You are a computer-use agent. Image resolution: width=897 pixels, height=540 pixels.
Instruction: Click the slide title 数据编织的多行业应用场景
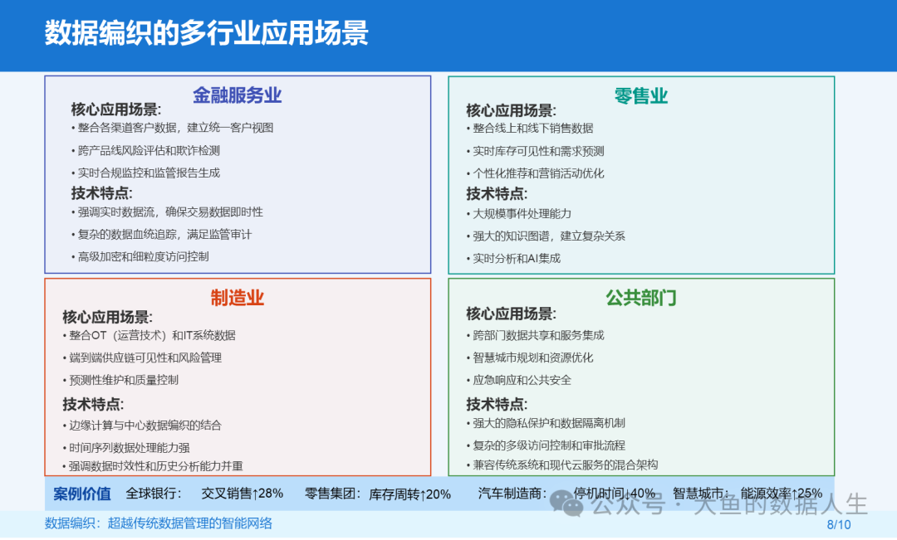click(x=207, y=32)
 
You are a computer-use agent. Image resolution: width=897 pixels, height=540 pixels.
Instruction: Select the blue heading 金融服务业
click(x=237, y=95)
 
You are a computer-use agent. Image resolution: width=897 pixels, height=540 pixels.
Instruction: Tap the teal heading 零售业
click(x=640, y=95)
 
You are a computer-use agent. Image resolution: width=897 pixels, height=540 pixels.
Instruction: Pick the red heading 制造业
click(x=237, y=297)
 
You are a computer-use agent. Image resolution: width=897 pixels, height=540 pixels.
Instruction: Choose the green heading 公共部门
click(x=640, y=297)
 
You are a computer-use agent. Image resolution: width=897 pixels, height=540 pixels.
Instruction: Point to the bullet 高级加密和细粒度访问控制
click(x=140, y=256)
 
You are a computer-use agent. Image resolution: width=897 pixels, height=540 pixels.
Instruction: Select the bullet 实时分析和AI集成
click(x=513, y=258)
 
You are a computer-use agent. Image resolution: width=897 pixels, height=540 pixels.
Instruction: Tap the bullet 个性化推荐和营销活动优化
click(x=535, y=173)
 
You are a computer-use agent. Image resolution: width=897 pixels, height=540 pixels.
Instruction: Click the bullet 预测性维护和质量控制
click(x=120, y=380)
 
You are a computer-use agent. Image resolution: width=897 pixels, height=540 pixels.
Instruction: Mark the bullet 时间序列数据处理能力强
click(x=126, y=447)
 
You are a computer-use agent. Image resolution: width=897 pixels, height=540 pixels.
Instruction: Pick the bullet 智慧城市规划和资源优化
click(x=529, y=358)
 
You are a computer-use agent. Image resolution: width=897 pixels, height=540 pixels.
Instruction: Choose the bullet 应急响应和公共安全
click(x=518, y=380)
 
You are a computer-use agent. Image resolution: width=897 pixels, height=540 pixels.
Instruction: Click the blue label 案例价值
click(x=81, y=494)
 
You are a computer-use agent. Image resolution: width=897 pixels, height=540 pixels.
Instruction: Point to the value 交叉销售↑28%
click(x=242, y=494)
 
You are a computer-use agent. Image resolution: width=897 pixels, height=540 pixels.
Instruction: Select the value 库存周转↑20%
click(x=409, y=494)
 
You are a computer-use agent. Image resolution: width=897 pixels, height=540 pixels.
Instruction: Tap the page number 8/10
click(x=839, y=524)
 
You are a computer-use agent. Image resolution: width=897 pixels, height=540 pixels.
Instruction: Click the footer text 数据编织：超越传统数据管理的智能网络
click(x=159, y=523)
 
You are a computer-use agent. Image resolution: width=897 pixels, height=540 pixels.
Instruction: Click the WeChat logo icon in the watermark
click(x=566, y=503)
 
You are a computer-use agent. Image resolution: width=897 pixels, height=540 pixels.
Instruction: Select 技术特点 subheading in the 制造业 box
click(x=93, y=404)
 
